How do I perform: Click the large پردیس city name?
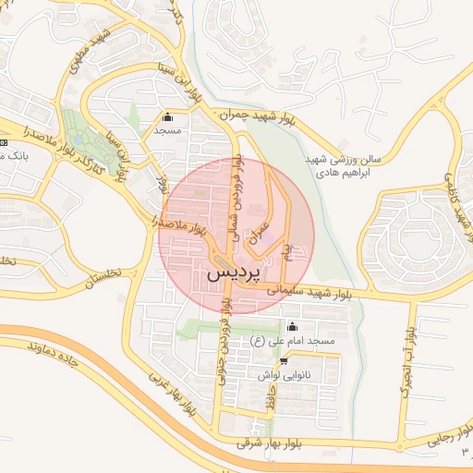[234, 273]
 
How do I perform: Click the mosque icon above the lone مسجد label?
[167, 117]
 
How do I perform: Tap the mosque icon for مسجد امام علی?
[294, 326]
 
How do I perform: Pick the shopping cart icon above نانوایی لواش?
[270, 359]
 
